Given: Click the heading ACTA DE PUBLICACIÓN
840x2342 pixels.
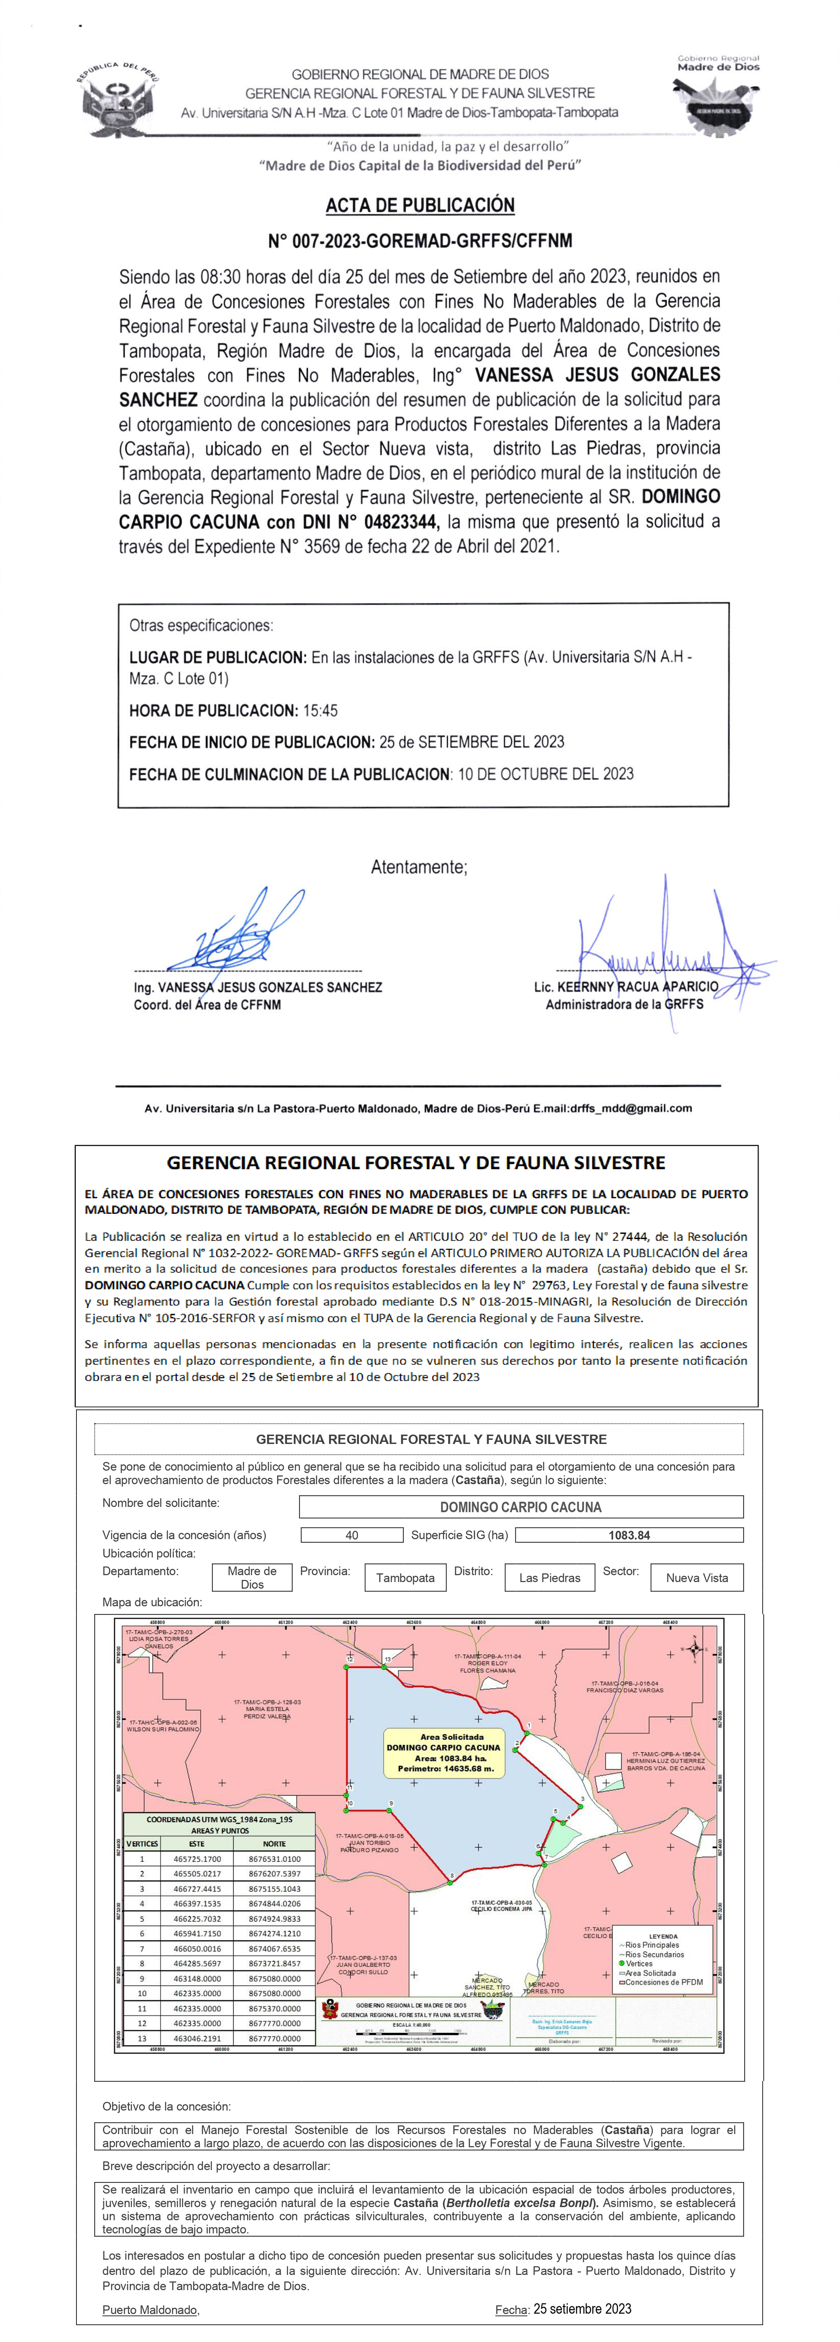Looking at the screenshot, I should (420, 205).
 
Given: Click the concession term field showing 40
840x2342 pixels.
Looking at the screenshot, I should (352, 1535).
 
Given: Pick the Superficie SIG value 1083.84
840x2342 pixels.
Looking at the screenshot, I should (629, 1535).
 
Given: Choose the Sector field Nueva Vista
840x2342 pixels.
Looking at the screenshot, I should (696, 1577).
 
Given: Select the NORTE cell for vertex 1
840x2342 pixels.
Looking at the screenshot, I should (274, 1859).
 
